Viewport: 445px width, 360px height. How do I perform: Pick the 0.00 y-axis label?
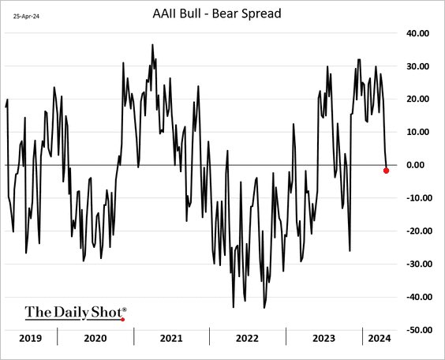tap(417, 165)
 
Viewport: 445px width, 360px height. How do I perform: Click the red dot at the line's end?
tap(386, 171)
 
